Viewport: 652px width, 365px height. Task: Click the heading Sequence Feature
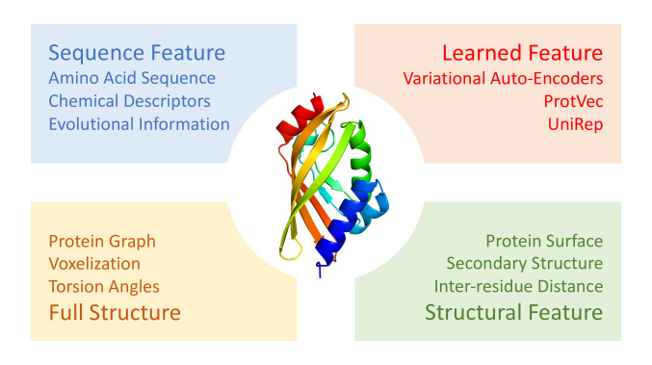click(136, 51)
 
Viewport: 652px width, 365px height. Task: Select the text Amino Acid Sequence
click(132, 78)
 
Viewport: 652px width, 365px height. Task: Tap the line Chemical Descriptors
click(129, 100)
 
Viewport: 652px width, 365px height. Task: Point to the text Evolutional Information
click(139, 123)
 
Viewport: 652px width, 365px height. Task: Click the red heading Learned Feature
click(522, 52)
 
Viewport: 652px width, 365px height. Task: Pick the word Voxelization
click(93, 263)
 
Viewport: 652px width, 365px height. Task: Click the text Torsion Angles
click(102, 286)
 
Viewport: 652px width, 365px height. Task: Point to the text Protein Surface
click(544, 241)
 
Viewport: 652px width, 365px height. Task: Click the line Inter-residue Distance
click(518, 286)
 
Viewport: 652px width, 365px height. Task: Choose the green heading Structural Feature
click(513, 312)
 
